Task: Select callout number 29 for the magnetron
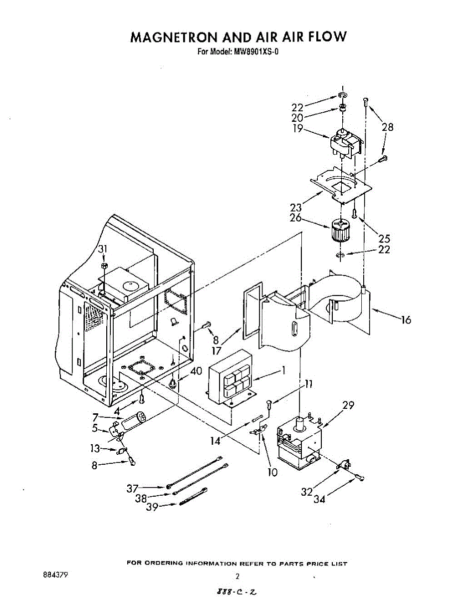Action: click(x=348, y=406)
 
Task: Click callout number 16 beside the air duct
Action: click(x=406, y=319)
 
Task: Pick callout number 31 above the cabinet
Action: click(x=103, y=249)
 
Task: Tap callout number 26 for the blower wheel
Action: click(x=296, y=218)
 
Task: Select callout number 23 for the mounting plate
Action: click(x=296, y=208)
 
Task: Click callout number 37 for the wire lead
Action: click(x=132, y=488)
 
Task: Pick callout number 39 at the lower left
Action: click(x=152, y=507)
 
